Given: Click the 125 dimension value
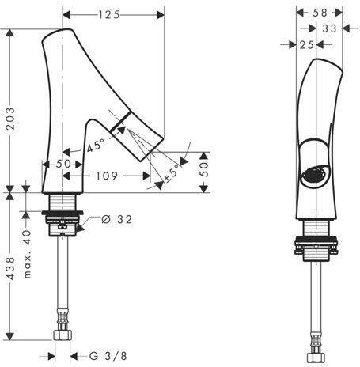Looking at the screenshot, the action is (109, 15).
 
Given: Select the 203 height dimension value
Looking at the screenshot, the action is (10, 119).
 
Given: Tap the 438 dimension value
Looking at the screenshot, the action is (10, 268).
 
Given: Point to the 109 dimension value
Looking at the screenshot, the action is (106, 176).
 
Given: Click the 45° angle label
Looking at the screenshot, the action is (96, 146).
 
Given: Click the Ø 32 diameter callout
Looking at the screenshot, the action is (116, 219).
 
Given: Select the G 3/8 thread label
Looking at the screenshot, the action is (108, 356).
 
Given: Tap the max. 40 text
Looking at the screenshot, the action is (27, 254).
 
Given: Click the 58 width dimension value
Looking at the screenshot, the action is (320, 13).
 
